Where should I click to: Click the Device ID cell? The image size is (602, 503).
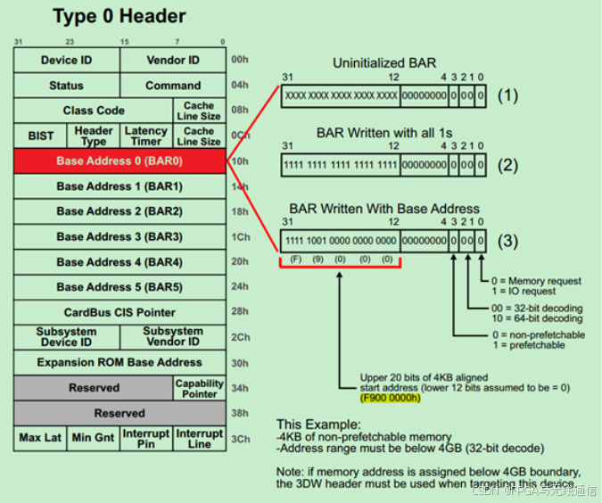pos(66,60)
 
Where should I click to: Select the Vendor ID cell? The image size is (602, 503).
pos(173,60)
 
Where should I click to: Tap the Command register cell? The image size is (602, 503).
pos(173,86)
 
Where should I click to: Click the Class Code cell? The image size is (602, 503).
pos(94,111)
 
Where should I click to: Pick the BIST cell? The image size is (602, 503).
pos(40,136)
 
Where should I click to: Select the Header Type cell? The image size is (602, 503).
pos(94,136)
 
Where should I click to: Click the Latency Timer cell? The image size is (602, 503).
pos(146,136)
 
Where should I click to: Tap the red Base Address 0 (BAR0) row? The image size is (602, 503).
pos(120,161)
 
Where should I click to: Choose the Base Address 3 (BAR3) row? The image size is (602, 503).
pos(120,236)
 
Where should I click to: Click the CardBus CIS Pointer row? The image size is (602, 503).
pos(120,312)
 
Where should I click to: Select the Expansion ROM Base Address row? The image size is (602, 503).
pos(120,363)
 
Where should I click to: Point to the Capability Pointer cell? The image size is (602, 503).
pos(199,388)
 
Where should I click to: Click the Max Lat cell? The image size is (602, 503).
pos(40,439)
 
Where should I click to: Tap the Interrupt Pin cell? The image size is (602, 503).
pos(146,439)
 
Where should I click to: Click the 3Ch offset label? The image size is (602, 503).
pos(239,440)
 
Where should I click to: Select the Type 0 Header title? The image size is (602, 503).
pos(120,16)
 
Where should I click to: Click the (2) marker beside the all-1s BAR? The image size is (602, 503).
pos(507,164)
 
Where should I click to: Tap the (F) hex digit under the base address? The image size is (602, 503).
pos(295,259)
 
